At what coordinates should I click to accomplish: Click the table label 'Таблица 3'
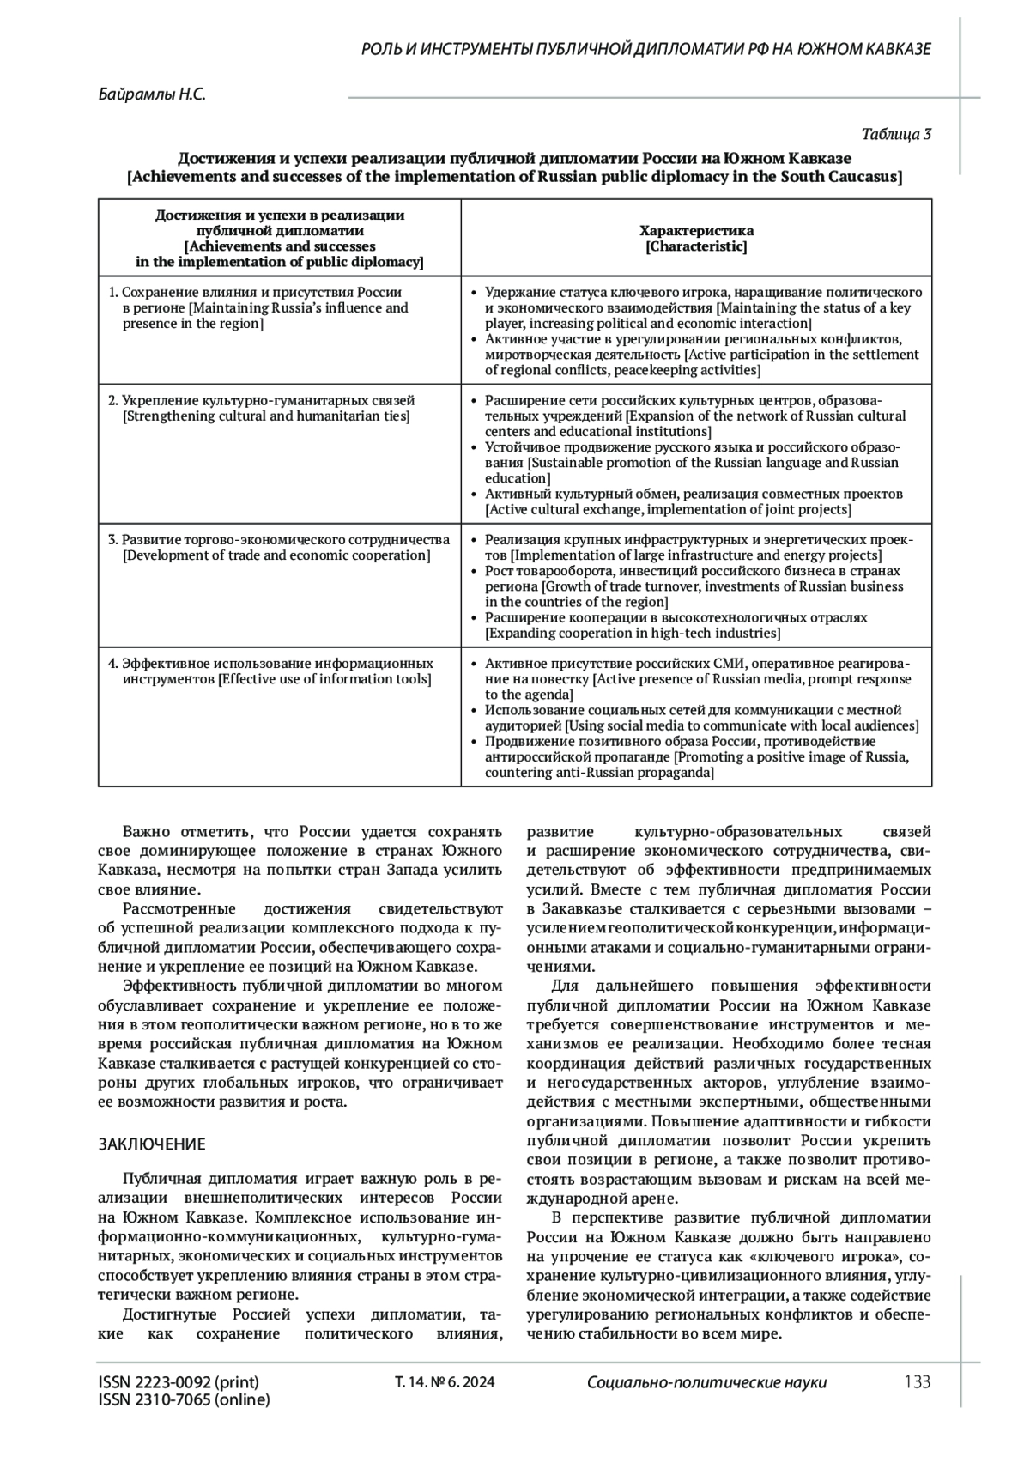coord(896,134)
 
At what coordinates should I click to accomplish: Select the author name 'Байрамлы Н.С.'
coord(152,95)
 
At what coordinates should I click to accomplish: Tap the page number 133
coord(917,1381)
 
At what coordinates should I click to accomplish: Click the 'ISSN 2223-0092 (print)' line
coord(179,1382)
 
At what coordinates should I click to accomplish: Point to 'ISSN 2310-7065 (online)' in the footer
coord(184,1400)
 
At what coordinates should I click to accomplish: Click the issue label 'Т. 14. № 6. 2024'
coord(444,1382)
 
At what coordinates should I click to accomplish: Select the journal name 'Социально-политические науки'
coord(706,1382)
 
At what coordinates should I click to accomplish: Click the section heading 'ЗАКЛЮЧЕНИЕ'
coord(152,1144)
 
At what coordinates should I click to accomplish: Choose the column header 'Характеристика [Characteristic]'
coord(696,239)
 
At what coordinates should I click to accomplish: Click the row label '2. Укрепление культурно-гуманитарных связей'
coord(263,400)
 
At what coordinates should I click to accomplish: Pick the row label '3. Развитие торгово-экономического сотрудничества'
coord(279,540)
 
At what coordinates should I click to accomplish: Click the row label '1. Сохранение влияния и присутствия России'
coord(255,292)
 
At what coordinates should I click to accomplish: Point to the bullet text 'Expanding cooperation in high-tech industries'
coord(633,634)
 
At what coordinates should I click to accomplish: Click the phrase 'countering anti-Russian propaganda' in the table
coord(599,773)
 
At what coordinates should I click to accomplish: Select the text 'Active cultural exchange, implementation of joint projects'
coord(668,510)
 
